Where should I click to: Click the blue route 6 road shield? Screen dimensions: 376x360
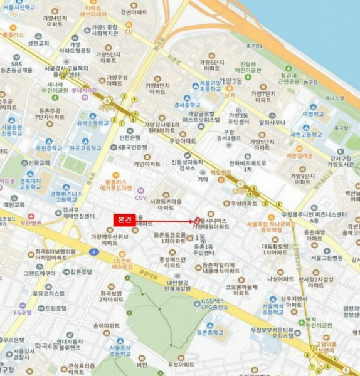[94, 251]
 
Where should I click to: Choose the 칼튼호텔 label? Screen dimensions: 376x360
[82, 273]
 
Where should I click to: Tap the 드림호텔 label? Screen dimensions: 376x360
[55, 309]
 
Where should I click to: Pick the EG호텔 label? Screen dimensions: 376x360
[23, 312]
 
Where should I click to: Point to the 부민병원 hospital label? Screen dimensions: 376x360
[30, 222]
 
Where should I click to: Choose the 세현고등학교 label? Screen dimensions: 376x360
[305, 134]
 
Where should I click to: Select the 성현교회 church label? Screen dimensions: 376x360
[39, 44]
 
